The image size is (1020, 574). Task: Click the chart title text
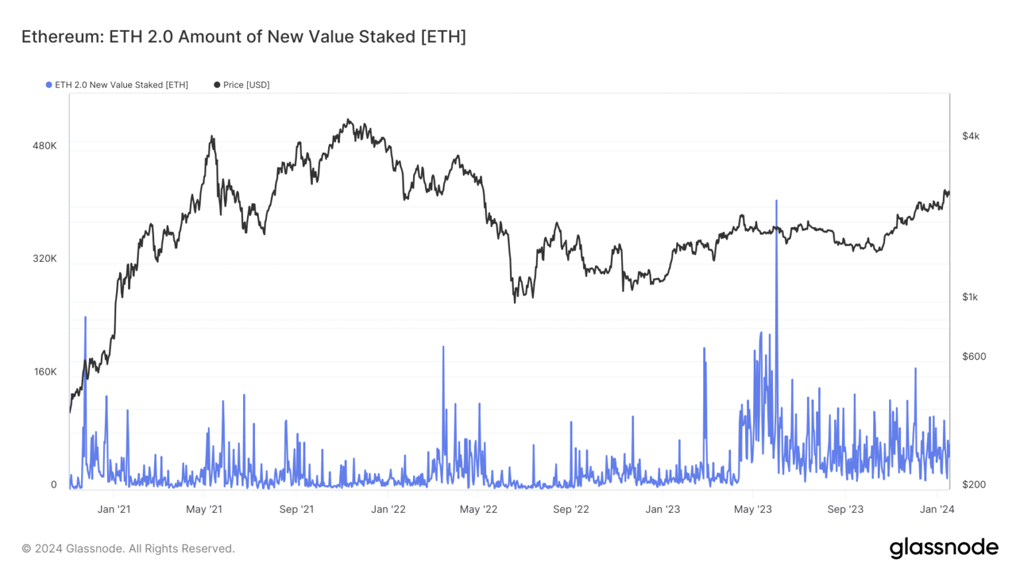tap(243, 37)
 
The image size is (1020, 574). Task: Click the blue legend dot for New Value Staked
tap(48, 85)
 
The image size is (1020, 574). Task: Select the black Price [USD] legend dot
tap(216, 85)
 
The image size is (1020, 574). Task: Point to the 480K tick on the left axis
tap(44, 145)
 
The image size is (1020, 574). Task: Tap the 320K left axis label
tap(44, 258)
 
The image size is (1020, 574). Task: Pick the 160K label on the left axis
tap(45, 371)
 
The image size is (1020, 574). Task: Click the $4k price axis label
tap(970, 136)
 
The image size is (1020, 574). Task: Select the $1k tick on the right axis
tap(970, 297)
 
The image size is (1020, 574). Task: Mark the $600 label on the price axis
tap(974, 357)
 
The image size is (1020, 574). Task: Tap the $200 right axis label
tap(974, 484)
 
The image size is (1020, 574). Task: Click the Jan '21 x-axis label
tap(114, 510)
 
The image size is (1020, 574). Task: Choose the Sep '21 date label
tap(296, 510)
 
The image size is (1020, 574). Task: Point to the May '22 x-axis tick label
tap(478, 510)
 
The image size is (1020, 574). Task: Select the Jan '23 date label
tap(662, 510)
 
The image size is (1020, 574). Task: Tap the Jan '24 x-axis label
tap(936, 510)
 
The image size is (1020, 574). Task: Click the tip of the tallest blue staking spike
tap(776, 200)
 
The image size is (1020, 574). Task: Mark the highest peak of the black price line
tap(348, 120)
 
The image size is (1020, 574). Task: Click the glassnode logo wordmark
tap(944, 547)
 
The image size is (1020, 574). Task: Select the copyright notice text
tap(128, 549)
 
